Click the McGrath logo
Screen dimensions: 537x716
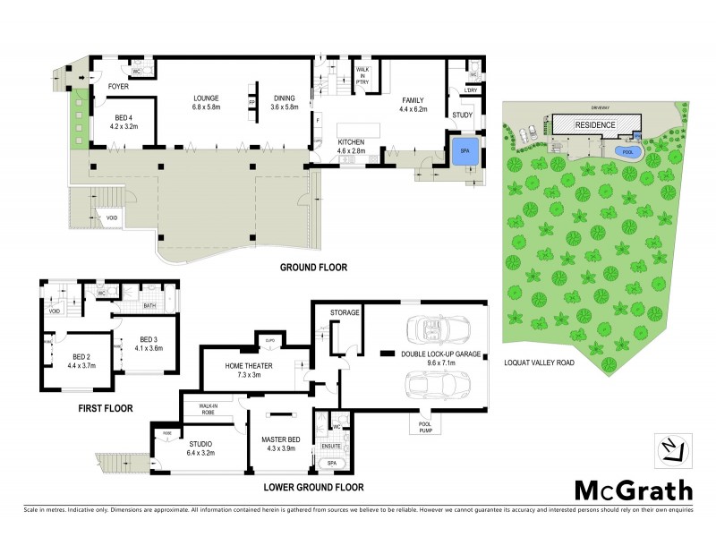(x=633, y=490)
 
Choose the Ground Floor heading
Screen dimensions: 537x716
(x=313, y=266)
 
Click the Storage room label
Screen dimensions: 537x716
(x=344, y=312)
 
